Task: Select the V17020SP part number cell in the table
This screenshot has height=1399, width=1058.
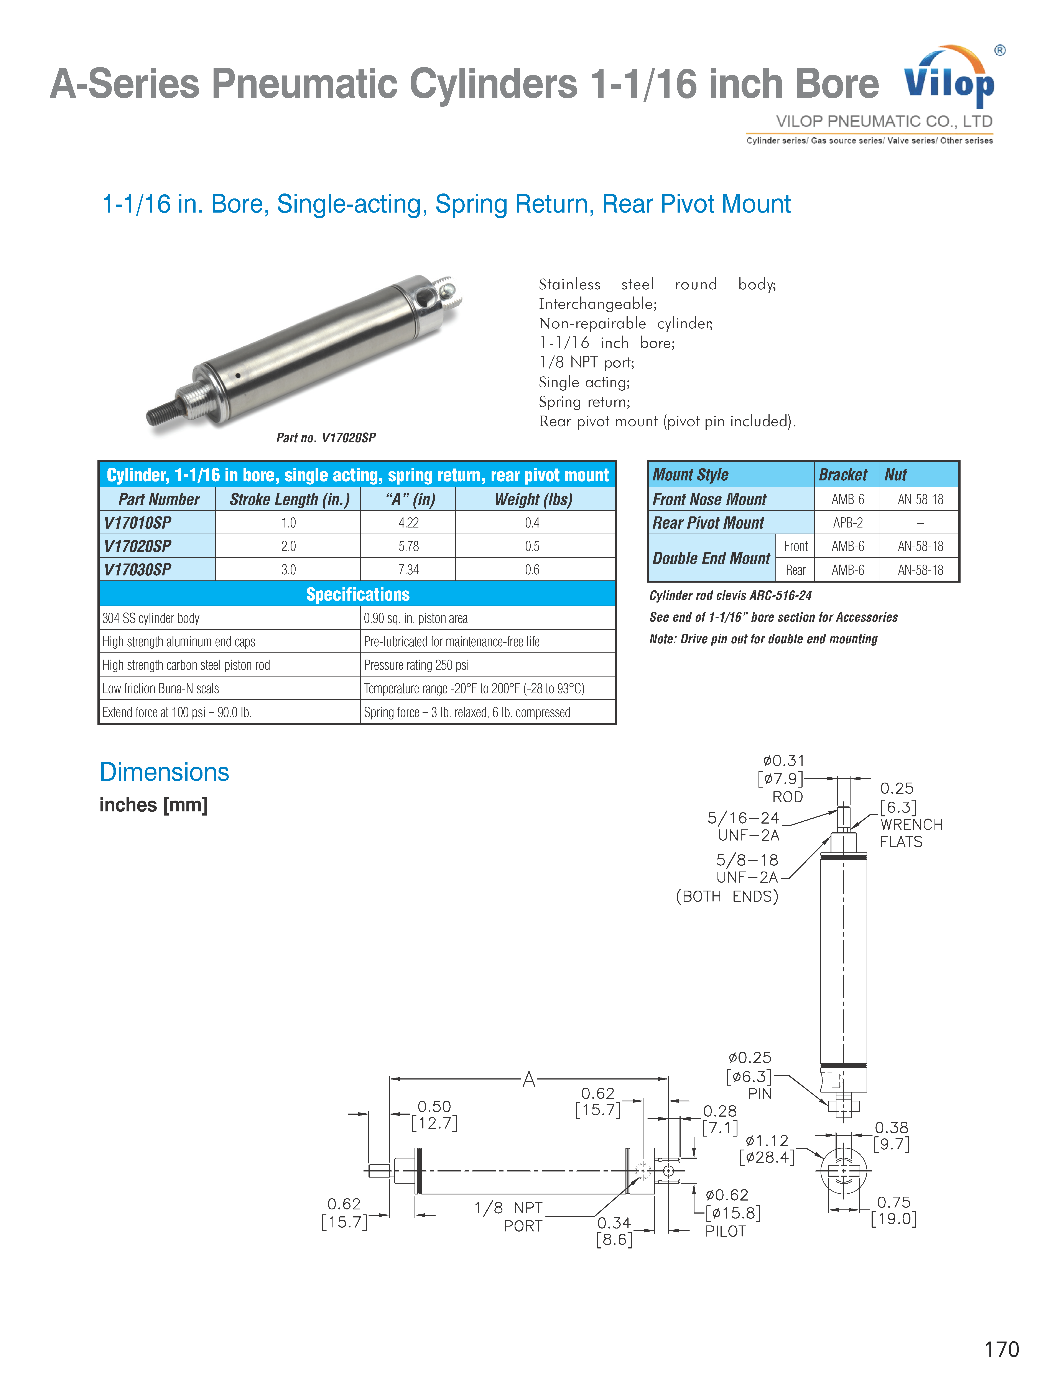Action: point(138,546)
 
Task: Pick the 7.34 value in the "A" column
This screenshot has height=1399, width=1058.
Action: point(408,569)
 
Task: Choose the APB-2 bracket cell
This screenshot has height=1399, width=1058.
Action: point(847,523)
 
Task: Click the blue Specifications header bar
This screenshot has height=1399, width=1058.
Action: point(357,594)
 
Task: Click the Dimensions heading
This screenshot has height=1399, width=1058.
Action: point(165,772)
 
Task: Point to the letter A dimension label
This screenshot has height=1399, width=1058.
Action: point(529,1079)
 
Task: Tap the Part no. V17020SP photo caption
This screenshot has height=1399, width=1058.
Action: point(326,438)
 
